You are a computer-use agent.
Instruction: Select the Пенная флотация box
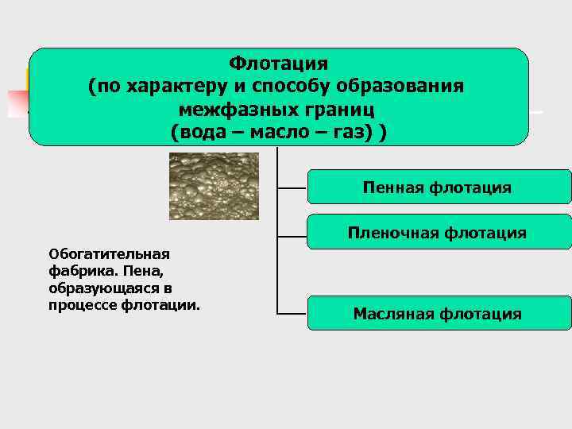(x=439, y=187)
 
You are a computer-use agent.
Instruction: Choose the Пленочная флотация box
(x=439, y=233)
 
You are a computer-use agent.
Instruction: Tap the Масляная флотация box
(x=439, y=314)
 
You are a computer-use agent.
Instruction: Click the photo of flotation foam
(x=214, y=186)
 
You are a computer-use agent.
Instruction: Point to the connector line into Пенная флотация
(x=292, y=188)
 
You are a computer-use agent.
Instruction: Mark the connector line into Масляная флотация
(x=292, y=314)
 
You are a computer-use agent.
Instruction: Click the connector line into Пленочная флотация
(x=292, y=234)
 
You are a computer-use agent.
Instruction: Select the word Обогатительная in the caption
(x=110, y=254)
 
